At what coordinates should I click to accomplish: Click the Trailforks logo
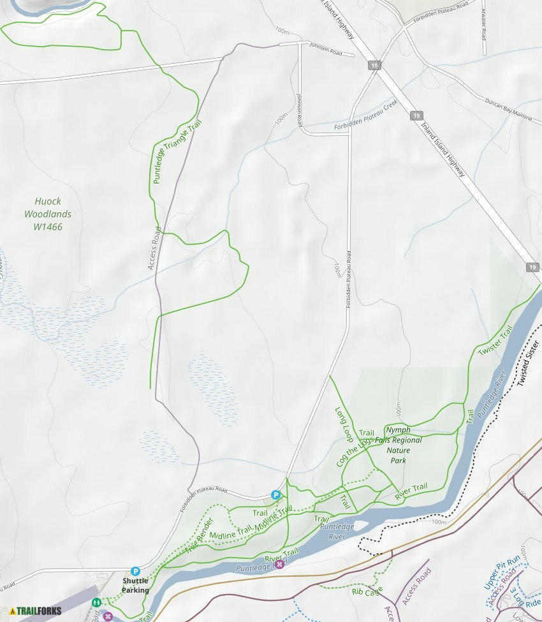pos(35,611)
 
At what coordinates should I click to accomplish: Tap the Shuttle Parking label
pos(135,586)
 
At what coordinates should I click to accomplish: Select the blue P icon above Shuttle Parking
pos(135,572)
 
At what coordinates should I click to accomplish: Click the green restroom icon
pos(96,602)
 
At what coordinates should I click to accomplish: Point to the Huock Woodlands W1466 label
pos(48,214)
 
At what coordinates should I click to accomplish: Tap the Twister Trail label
pos(495,342)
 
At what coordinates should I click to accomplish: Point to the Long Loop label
pos(344,425)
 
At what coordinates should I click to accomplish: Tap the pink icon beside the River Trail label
pos(279,564)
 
